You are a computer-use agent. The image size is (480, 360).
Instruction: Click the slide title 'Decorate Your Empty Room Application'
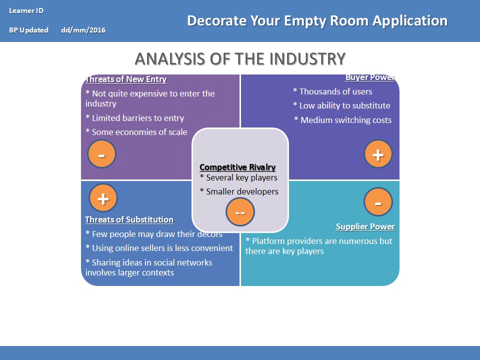317,21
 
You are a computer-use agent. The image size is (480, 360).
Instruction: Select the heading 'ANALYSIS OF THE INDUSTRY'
240,58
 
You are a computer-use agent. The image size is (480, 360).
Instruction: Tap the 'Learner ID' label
26,10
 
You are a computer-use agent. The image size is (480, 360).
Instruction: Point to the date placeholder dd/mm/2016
83,30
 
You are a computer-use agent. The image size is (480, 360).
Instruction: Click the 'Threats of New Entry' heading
126,79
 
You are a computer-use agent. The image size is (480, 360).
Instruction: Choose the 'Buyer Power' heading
370,77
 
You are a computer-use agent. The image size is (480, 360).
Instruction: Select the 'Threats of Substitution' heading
129,220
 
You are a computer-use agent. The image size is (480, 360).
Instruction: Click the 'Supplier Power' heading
365,227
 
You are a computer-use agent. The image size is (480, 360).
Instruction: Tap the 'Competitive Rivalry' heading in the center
237,167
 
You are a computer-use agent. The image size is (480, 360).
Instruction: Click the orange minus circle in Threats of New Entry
102,154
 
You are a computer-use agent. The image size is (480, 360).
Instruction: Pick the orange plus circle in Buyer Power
378,154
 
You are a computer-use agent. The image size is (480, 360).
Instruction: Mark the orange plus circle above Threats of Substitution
103,198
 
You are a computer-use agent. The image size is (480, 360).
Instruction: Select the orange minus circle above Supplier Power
378,202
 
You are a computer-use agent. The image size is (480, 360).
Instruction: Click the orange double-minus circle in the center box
240,212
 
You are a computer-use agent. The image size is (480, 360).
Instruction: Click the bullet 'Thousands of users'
332,91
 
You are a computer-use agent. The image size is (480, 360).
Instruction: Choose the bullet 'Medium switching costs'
343,120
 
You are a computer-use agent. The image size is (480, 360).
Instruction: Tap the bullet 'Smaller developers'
239,191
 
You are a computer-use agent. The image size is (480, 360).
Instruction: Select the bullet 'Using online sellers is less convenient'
159,248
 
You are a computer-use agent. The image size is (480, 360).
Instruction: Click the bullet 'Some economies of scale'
136,132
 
